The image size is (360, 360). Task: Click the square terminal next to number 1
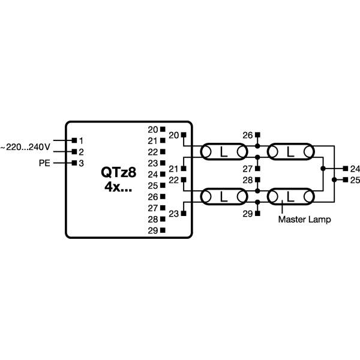click(x=74, y=140)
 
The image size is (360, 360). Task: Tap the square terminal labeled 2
click(x=74, y=152)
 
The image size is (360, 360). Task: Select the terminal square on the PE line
click(x=74, y=163)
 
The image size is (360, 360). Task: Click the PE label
click(x=44, y=163)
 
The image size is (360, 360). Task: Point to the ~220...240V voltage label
click(x=25, y=147)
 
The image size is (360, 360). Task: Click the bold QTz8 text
click(x=119, y=172)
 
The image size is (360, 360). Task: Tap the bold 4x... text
click(x=118, y=187)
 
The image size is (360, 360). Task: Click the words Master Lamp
click(x=304, y=220)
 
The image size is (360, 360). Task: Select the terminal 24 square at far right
click(x=346, y=169)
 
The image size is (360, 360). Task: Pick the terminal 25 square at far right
click(x=346, y=180)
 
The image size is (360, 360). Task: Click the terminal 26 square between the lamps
click(x=257, y=135)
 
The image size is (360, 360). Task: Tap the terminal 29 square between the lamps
click(x=257, y=214)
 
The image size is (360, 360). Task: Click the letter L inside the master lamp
click(x=290, y=197)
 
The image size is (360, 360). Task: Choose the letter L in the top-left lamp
click(x=224, y=152)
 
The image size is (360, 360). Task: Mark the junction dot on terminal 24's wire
click(x=323, y=169)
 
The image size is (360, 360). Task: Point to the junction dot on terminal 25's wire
click(x=334, y=180)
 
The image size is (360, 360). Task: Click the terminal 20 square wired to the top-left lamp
click(x=184, y=135)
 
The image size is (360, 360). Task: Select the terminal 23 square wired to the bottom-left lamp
click(x=184, y=214)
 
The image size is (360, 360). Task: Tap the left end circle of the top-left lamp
click(x=206, y=152)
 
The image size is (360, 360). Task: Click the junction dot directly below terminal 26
click(x=257, y=146)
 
